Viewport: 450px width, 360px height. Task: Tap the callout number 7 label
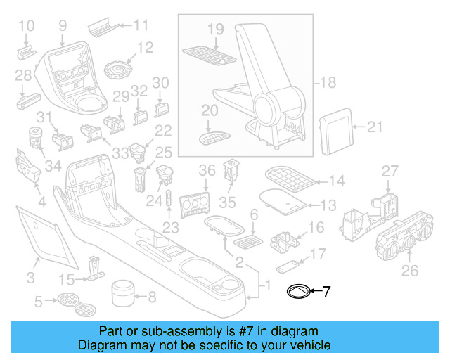(x=326, y=292)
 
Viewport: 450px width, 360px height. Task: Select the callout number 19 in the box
(x=215, y=29)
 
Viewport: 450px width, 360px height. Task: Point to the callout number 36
(x=206, y=170)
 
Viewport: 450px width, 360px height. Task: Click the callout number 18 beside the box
(x=327, y=83)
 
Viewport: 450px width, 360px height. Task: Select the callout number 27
(x=390, y=172)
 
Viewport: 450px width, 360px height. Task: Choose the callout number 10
(x=25, y=27)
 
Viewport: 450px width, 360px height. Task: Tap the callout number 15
(x=66, y=278)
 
